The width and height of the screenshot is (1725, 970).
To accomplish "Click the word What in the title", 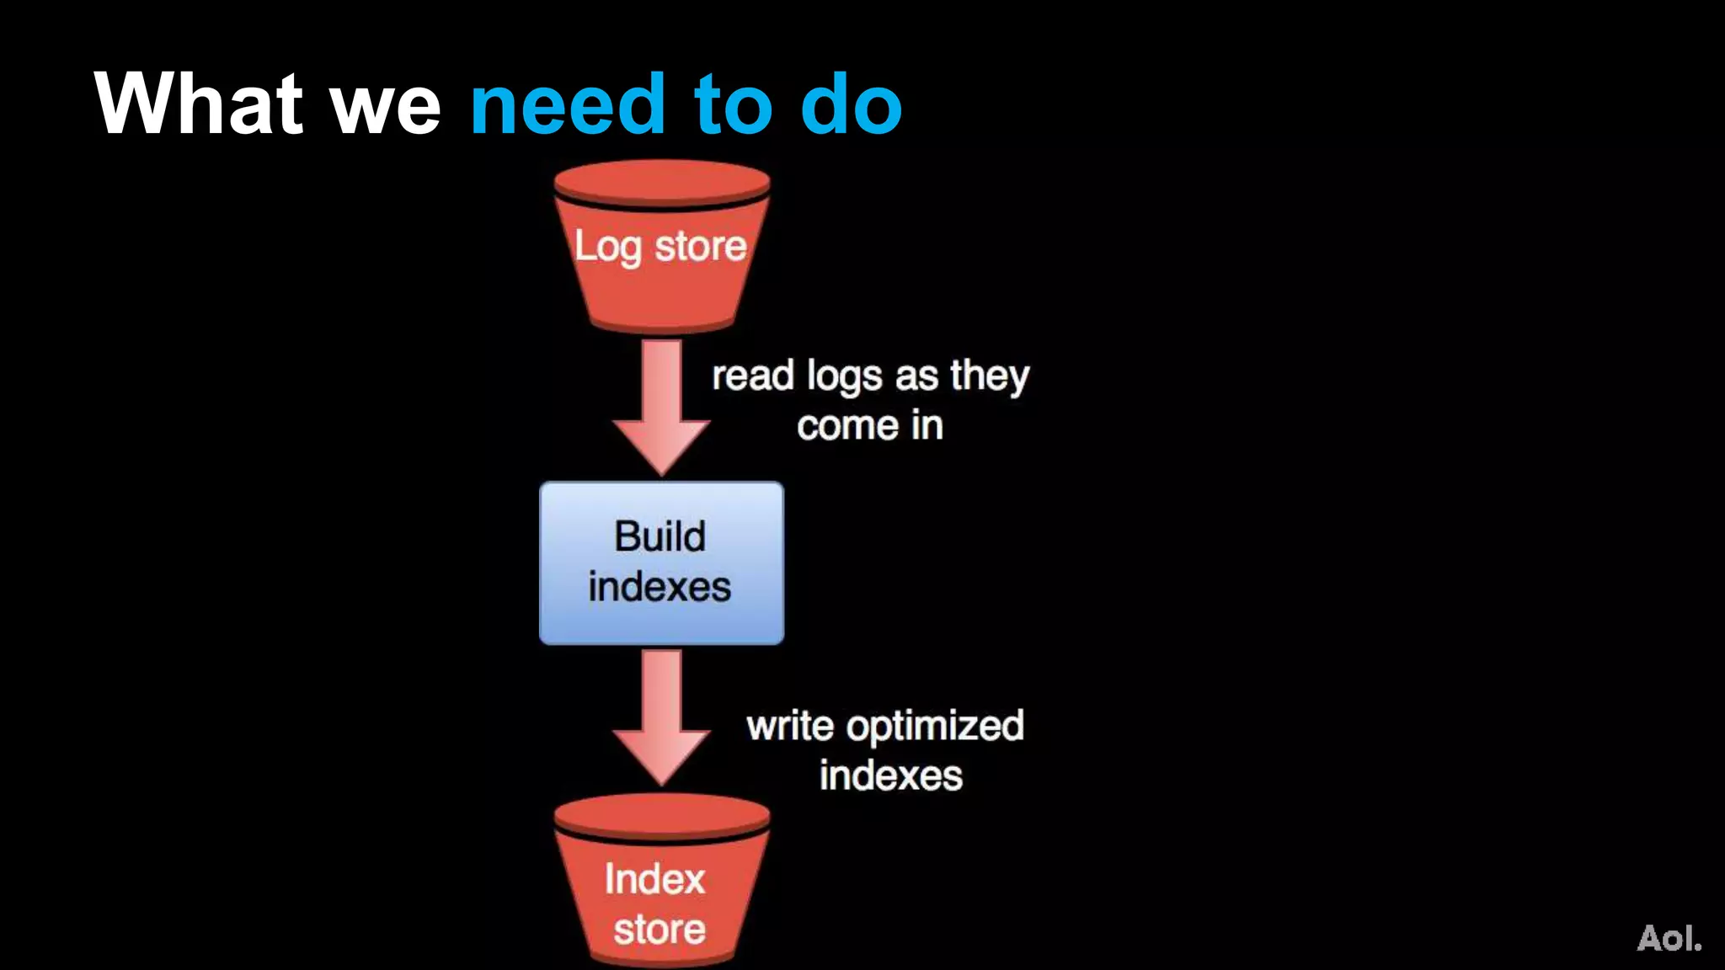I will coord(199,104).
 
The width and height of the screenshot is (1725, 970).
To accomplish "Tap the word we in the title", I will coord(387,109).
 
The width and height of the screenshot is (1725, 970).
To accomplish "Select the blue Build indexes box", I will coord(661,562).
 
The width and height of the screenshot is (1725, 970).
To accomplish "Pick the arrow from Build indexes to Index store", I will coord(662,717).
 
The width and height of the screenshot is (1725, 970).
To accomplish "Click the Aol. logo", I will coord(1669,937).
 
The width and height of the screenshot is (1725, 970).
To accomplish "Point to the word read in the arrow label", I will coord(753,376).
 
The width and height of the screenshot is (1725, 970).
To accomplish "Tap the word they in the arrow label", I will coord(990,376).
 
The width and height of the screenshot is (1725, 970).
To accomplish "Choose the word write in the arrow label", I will coord(789,726).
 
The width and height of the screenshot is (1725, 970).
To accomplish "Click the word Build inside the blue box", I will coord(660,536).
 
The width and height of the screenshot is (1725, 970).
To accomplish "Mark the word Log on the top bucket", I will coord(607,248).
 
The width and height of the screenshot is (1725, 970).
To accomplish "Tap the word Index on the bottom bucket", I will coord(654,879).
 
